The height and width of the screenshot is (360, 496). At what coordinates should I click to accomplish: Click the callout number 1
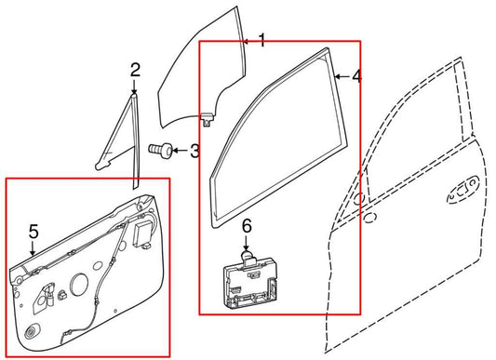pyautogui.click(x=261, y=40)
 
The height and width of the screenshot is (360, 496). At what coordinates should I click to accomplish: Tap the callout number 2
pyautogui.click(x=134, y=70)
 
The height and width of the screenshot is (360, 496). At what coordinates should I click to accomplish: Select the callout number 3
pyautogui.click(x=194, y=150)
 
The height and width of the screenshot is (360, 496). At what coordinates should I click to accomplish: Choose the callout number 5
pyautogui.click(x=33, y=232)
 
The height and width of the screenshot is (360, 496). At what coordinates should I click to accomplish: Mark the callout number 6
pyautogui.click(x=247, y=226)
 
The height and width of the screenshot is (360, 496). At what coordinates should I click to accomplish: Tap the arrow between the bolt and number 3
pyautogui.click(x=180, y=150)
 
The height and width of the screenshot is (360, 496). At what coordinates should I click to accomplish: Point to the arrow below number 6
pyautogui.click(x=247, y=241)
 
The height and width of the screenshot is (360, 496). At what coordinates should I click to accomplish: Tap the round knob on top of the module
pyautogui.click(x=247, y=251)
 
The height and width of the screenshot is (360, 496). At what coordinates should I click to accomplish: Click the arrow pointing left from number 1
pyautogui.click(x=248, y=41)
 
